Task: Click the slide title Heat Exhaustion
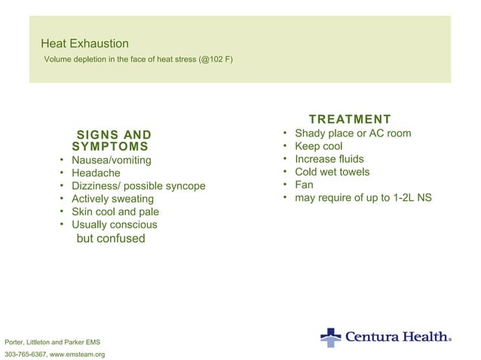tap(84, 44)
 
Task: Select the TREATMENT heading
tap(350, 119)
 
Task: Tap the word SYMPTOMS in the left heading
tap(109, 147)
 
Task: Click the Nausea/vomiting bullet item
tap(111, 160)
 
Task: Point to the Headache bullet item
tap(96, 173)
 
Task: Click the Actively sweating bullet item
tap(112, 199)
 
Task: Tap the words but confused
tap(110, 239)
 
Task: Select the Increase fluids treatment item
tap(329, 159)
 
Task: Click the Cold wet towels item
tap(332, 172)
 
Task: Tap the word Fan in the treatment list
tap(304, 185)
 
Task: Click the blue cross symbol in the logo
tap(330, 337)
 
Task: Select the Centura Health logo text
tap(397, 337)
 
